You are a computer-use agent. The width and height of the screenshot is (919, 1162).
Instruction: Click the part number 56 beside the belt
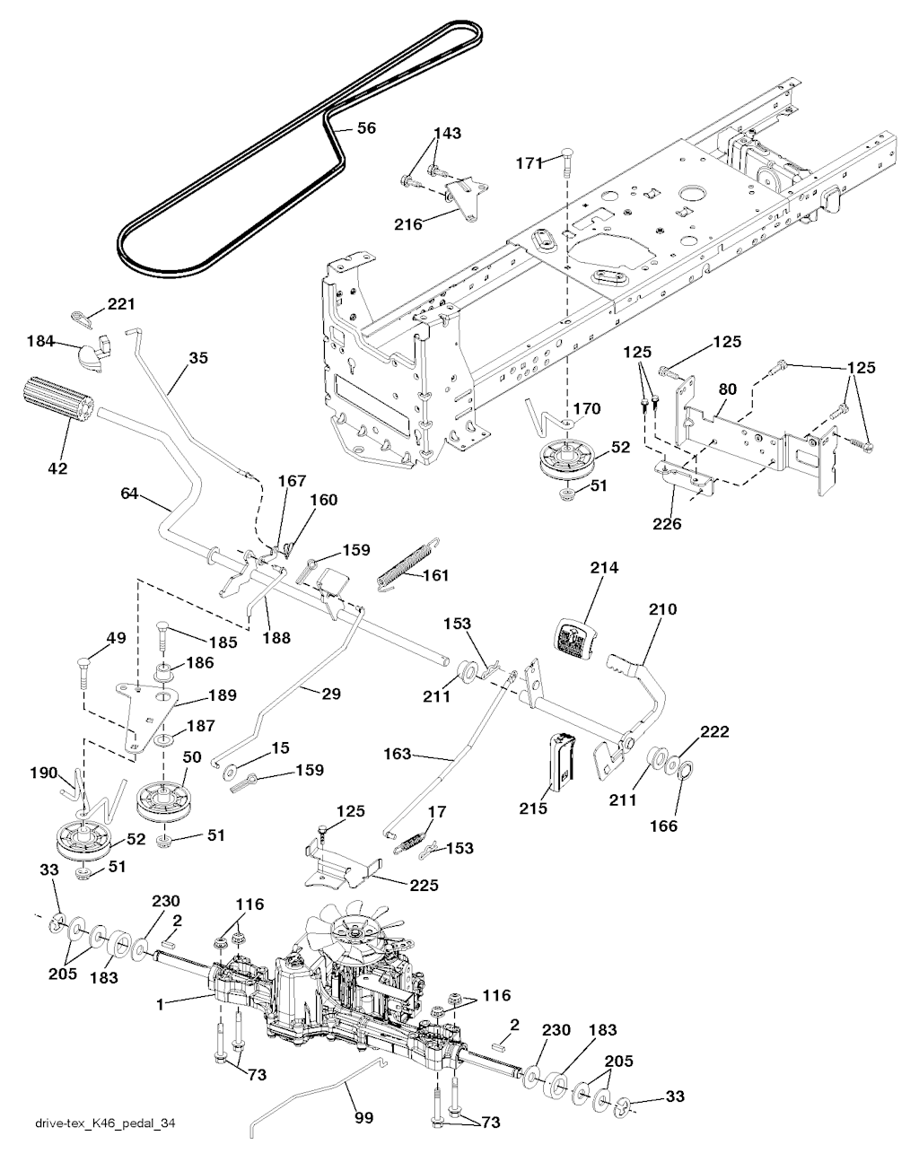[x=366, y=128]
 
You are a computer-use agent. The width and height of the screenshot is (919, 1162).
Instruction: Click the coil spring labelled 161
[x=407, y=564]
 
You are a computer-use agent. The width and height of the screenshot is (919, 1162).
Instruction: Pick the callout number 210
[x=663, y=609]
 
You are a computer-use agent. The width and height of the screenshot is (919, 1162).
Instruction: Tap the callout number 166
[x=664, y=826]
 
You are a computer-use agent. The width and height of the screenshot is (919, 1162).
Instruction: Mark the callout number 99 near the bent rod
[x=364, y=1118]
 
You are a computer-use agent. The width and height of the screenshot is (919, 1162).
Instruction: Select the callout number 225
[x=424, y=885]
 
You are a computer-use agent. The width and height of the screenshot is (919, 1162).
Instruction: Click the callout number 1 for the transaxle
[x=160, y=1004]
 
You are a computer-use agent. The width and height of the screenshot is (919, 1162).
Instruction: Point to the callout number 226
[x=667, y=523]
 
